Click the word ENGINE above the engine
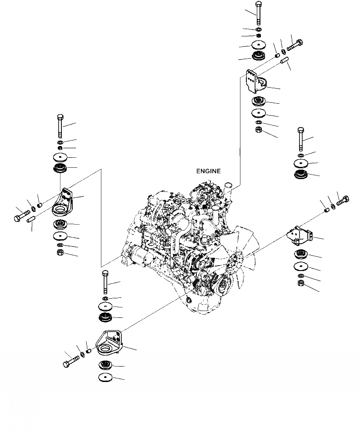pos(208,171)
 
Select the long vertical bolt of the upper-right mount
pos(258,13)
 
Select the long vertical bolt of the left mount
pos(60,126)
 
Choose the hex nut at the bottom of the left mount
pos(60,253)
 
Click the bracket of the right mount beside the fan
pos(300,236)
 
